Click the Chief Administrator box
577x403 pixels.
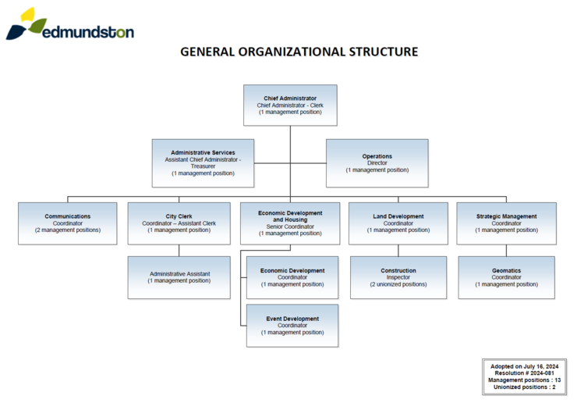(x=290, y=105)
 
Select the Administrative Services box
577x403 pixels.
(x=203, y=162)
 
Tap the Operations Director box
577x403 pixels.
(x=377, y=162)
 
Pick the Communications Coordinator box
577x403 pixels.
(x=67, y=223)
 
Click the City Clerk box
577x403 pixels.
(x=179, y=223)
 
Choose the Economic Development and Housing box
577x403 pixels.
(x=290, y=223)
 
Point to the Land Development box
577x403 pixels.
(x=398, y=223)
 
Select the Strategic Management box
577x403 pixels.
(x=506, y=223)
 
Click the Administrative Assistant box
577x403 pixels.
(x=179, y=277)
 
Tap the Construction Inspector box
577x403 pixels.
(x=398, y=277)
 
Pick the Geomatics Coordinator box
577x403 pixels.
(x=506, y=277)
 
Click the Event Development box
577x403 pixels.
(x=292, y=326)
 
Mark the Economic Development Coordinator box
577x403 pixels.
(x=292, y=277)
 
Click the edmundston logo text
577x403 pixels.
(x=88, y=32)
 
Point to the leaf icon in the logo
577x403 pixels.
(x=27, y=23)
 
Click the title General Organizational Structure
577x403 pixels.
(x=299, y=52)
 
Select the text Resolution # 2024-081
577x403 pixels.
(x=523, y=373)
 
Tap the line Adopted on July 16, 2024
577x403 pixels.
(x=523, y=366)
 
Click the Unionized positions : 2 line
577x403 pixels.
(x=523, y=387)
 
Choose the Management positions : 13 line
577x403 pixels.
(x=523, y=380)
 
